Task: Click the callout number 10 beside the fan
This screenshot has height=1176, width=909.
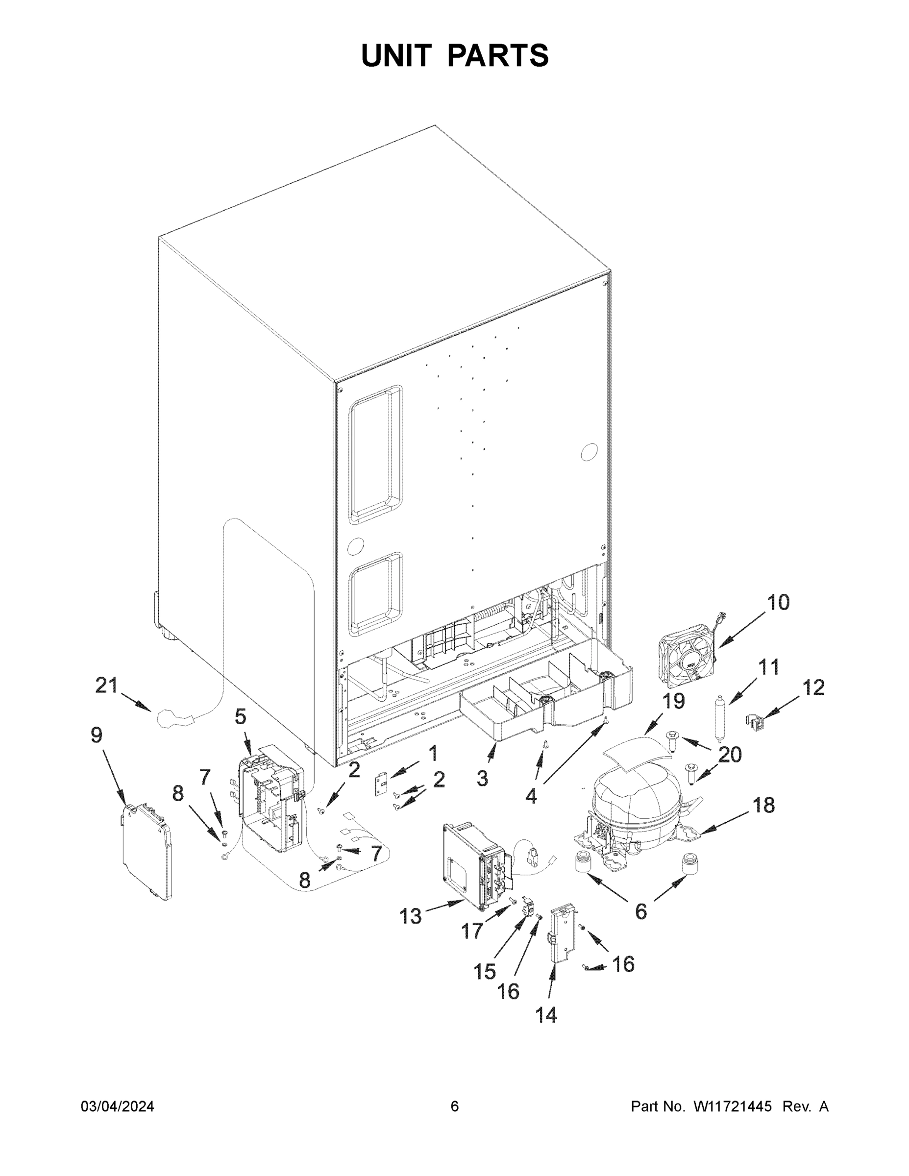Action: click(778, 603)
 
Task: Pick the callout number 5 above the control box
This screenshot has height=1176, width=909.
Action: click(240, 717)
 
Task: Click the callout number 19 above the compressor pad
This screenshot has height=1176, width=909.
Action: click(673, 701)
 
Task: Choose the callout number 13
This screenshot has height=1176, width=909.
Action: click(410, 916)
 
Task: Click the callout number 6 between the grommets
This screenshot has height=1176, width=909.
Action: click(640, 911)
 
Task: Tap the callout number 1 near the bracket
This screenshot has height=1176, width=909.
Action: click(432, 753)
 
